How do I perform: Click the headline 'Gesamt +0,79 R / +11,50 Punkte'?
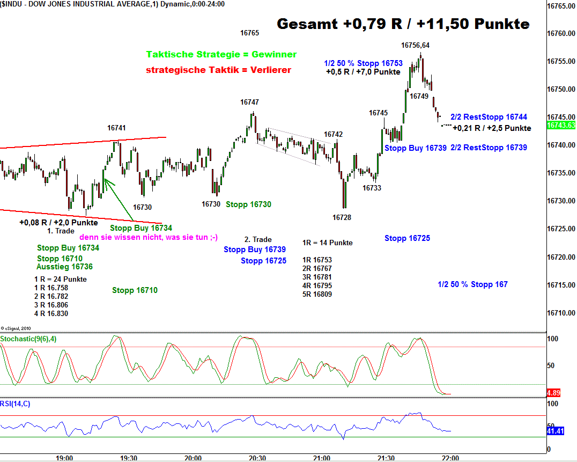pos(403,24)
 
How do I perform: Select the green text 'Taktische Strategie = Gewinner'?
pos(221,55)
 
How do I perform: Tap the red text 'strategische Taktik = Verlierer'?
pos(218,70)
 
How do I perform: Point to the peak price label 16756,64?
pos(416,45)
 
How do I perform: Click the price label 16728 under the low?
pos(342,217)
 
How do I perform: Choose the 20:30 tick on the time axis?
pos(257,458)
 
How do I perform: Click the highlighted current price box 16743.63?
pos(561,125)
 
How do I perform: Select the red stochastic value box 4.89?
pos(553,392)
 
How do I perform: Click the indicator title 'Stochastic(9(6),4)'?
pos(27,339)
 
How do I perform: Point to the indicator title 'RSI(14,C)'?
pos(16,404)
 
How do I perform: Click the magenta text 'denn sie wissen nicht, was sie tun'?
pos(149,237)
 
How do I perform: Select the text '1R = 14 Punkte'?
pos(327,243)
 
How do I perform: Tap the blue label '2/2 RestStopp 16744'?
pos(489,117)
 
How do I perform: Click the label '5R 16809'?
pos(317,294)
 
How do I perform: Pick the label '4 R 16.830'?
pos(51,313)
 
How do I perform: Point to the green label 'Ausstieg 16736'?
pos(64,267)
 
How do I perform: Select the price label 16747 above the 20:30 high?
pos(249,102)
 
